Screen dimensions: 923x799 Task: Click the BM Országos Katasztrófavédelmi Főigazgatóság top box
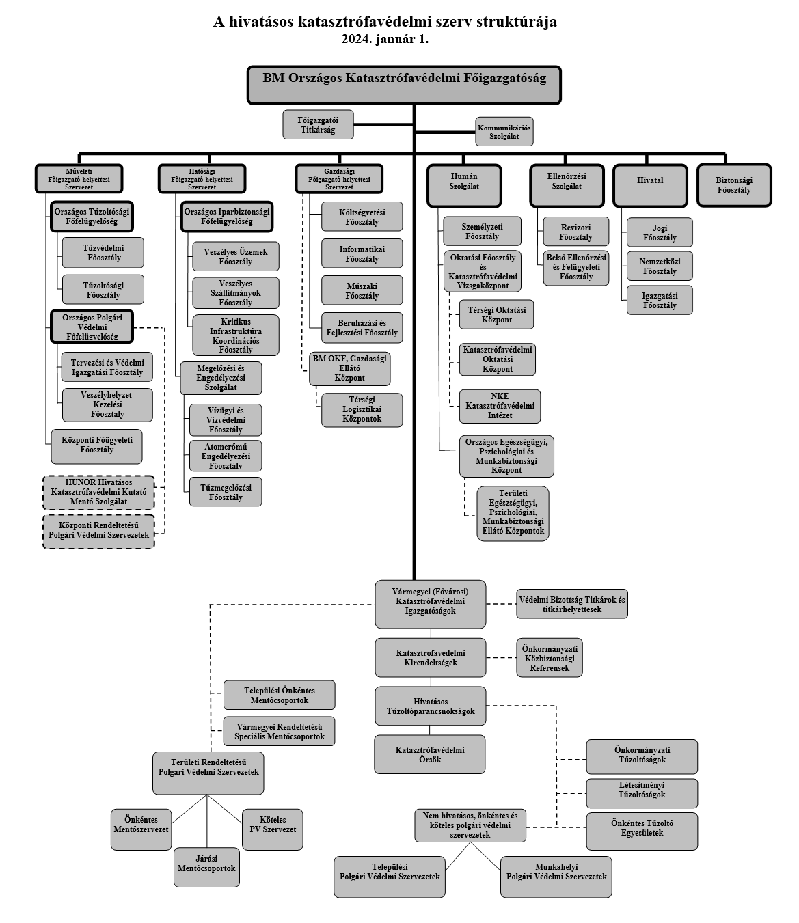pyautogui.click(x=404, y=85)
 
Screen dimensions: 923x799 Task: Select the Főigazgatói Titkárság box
pyautogui.click(x=318, y=124)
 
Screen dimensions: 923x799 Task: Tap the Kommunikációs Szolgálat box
pyautogui.click(x=504, y=132)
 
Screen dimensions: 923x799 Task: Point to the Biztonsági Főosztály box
pyautogui.click(x=733, y=185)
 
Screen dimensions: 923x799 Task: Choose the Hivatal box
pyautogui.click(x=649, y=185)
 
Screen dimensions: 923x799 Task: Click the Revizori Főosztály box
pyautogui.click(x=575, y=232)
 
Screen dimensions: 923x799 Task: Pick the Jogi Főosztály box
pyautogui.click(x=660, y=233)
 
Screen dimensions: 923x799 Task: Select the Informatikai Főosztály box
pyautogui.click(x=362, y=254)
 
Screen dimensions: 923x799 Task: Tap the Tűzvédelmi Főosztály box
pyautogui.click(x=103, y=253)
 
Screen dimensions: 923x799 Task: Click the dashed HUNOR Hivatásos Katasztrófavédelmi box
pyautogui.click(x=98, y=492)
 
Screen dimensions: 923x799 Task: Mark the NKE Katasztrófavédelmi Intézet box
pyautogui.click(x=500, y=406)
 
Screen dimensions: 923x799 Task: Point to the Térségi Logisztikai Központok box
pyautogui.click(x=362, y=409)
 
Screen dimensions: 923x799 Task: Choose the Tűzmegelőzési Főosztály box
pyautogui.click(x=226, y=492)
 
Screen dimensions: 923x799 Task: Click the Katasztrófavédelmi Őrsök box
pyautogui.click(x=429, y=754)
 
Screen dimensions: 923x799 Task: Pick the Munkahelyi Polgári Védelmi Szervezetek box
pyautogui.click(x=556, y=876)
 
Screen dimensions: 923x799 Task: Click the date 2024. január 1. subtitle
pyautogui.click(x=385, y=39)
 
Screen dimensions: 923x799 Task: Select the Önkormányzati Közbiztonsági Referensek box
pyautogui.click(x=549, y=658)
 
